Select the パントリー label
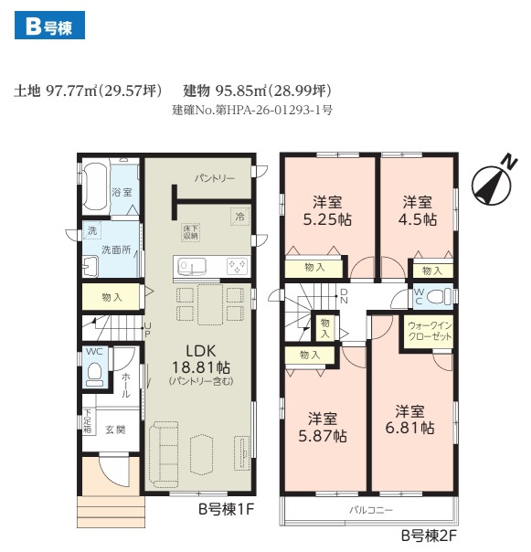(x=214, y=178)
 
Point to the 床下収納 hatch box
(x=190, y=232)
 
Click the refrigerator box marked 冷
(x=239, y=218)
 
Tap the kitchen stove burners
(x=237, y=266)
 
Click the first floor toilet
(x=95, y=375)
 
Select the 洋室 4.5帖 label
(x=418, y=211)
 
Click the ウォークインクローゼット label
(x=429, y=331)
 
